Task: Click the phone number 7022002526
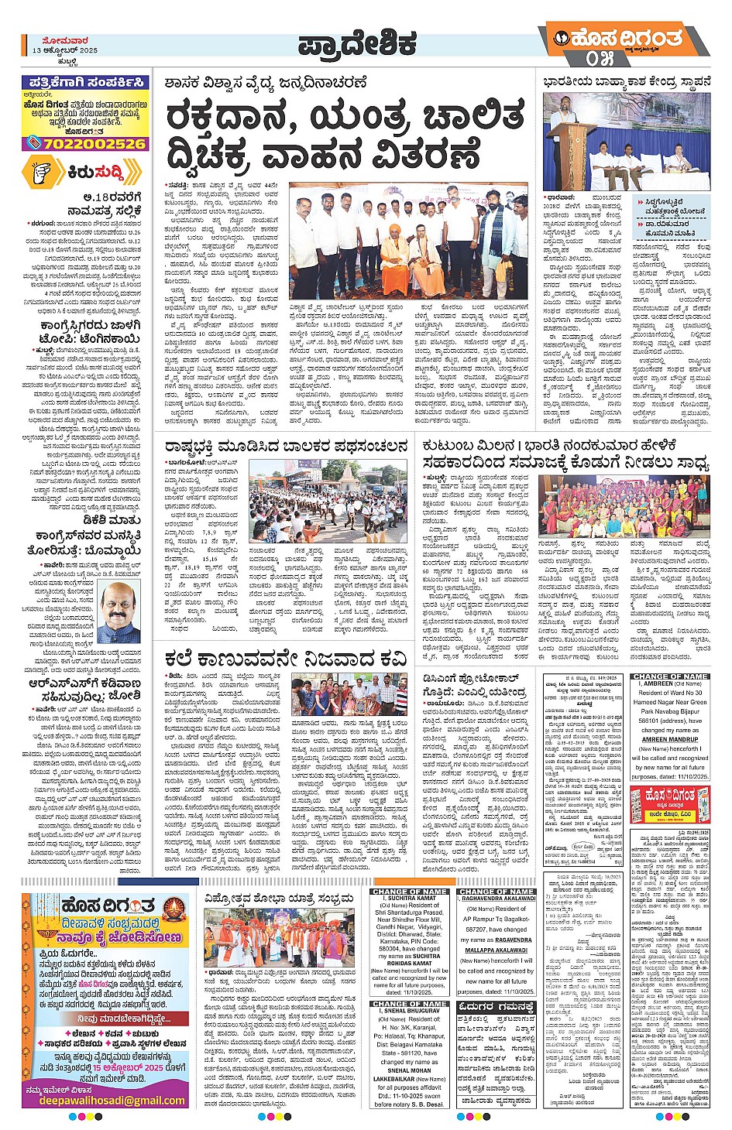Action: [x=95, y=143]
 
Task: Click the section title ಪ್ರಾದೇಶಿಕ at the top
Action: [x=357, y=46]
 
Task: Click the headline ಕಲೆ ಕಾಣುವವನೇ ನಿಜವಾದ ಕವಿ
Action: [x=286, y=659]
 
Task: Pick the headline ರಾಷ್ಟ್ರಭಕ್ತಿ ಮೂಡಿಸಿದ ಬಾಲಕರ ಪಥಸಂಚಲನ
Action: [x=286, y=446]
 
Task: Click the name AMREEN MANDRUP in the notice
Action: [x=670, y=739]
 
